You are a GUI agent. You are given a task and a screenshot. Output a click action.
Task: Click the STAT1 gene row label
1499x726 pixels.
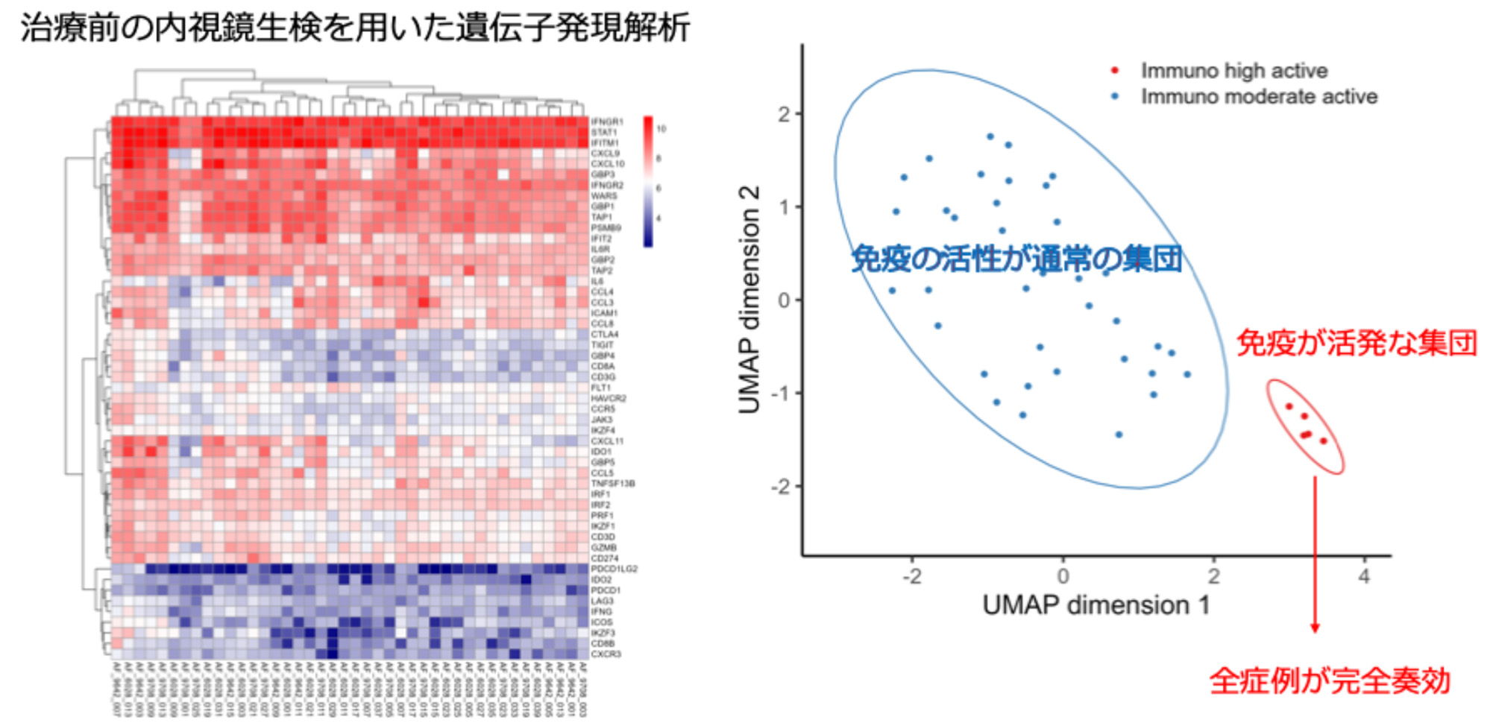point(603,132)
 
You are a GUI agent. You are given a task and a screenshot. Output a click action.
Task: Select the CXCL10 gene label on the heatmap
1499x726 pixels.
point(607,164)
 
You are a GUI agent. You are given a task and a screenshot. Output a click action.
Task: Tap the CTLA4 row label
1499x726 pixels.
point(604,335)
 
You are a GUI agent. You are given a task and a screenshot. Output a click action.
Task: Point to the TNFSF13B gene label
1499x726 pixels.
point(612,484)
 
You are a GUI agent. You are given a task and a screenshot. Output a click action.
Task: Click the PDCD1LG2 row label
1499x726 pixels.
point(614,569)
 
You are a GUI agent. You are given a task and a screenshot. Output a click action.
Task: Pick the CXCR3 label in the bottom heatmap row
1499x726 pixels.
point(606,654)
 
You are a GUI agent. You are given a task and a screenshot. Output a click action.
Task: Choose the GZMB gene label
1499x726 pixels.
point(603,548)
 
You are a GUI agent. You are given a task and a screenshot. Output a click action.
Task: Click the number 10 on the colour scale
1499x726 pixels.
point(661,129)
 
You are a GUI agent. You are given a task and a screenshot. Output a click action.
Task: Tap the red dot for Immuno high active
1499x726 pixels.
point(1115,71)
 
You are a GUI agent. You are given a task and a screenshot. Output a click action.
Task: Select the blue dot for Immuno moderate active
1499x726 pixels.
point(1115,96)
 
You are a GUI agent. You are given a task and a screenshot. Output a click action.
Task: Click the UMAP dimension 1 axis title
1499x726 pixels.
point(1096,605)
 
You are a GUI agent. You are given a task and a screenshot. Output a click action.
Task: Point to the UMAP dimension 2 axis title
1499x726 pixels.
point(749,300)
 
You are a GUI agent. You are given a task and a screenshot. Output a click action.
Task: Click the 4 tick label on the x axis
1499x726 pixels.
point(1364,576)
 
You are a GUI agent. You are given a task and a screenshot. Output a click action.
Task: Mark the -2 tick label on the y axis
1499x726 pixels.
point(781,487)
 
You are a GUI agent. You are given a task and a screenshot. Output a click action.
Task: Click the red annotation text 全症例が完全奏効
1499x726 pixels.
point(1330,681)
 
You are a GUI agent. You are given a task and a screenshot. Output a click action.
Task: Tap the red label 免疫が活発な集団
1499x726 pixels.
point(1357,343)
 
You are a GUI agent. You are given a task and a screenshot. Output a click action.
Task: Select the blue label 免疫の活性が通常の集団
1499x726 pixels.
point(1016,259)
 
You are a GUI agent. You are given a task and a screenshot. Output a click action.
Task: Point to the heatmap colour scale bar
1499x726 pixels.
point(648,181)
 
